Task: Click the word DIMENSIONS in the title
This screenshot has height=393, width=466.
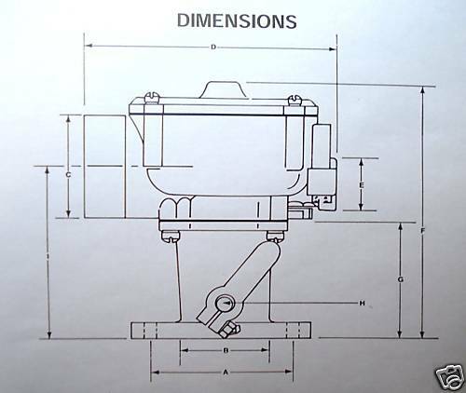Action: (x=237, y=20)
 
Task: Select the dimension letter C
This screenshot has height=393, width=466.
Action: (x=69, y=174)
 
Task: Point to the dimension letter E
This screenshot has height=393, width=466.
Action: (x=361, y=184)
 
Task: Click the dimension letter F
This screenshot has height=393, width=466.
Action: (x=424, y=230)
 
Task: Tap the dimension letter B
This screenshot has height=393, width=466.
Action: (x=226, y=350)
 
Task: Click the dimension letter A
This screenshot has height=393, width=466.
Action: (x=223, y=371)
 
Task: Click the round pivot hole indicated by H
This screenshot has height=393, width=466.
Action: (x=226, y=304)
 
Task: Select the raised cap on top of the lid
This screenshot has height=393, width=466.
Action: (x=224, y=88)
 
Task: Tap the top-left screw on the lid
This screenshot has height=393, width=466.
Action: (x=152, y=97)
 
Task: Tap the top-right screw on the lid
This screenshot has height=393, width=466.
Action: (x=295, y=97)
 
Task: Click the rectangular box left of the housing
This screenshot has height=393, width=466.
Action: (x=104, y=166)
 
